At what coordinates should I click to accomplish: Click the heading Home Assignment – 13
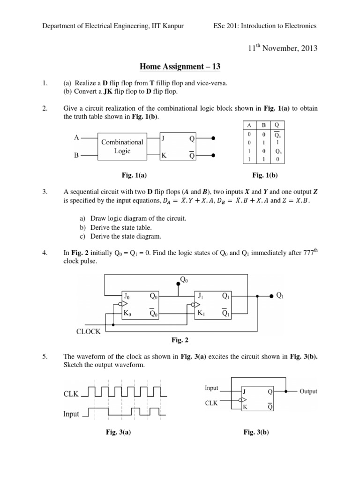tap(180, 67)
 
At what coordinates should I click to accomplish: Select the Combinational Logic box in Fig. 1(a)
tap(122, 146)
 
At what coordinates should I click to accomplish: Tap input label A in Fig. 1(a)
tap(76, 138)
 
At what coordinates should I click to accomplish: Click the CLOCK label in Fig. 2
tap(89, 331)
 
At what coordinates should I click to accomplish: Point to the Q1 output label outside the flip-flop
tap(280, 295)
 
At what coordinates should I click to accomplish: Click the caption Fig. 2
tap(180, 341)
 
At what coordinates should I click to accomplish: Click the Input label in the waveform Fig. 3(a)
tap(71, 414)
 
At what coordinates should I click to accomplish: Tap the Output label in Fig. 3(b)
tap(308, 391)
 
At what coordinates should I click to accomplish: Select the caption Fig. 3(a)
tap(118, 432)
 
